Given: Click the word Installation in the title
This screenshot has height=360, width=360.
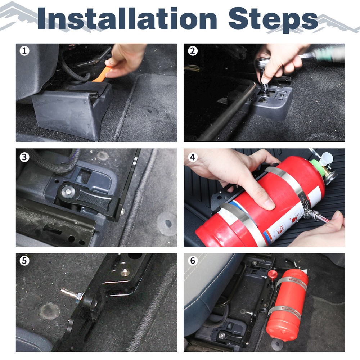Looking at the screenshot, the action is click(x=127, y=18).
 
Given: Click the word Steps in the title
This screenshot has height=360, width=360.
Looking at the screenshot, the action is click(x=273, y=20).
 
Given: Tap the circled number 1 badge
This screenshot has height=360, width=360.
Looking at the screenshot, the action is click(x=24, y=51).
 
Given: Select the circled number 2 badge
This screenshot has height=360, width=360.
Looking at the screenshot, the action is click(x=193, y=51).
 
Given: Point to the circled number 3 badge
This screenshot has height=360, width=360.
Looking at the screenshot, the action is click(x=24, y=157).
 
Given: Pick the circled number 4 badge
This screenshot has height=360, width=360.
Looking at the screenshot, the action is click(x=193, y=157).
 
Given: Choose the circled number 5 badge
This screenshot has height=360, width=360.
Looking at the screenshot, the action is click(x=24, y=261).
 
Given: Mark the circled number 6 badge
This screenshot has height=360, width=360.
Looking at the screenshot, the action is click(x=193, y=261).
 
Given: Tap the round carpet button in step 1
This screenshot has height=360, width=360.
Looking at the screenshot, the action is click(x=149, y=111).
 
